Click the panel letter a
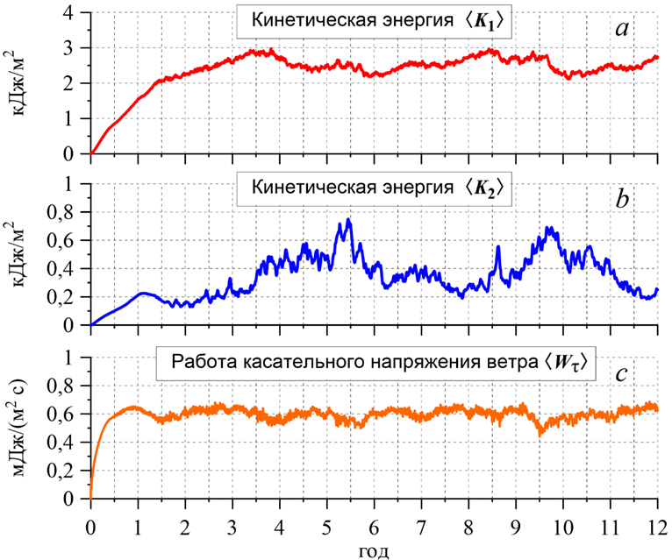621,29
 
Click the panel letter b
621,199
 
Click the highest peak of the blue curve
348,219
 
